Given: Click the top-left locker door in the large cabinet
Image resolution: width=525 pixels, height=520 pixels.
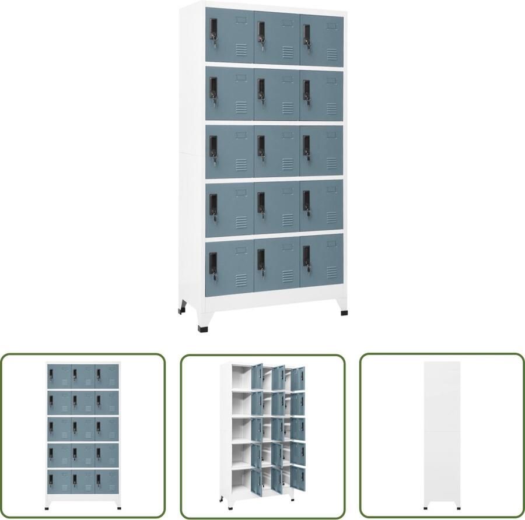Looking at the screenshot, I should point(229,36).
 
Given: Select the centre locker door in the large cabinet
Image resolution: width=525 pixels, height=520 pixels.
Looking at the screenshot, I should point(276,151).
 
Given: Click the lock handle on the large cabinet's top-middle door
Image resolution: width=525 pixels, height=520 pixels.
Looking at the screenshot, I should point(261,34).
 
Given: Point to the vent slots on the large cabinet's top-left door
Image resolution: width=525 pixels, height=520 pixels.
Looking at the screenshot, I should point(242,50).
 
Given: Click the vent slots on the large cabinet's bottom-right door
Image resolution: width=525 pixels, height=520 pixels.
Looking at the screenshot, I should point(332,272).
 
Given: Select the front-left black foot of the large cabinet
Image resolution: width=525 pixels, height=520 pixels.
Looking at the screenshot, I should point(202,328).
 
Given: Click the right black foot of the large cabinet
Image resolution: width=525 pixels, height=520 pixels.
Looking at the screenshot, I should point(344,312).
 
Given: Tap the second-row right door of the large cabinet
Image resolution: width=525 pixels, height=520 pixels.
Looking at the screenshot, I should point(322,94).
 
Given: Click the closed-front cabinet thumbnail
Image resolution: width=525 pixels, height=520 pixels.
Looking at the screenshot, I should point(83,435).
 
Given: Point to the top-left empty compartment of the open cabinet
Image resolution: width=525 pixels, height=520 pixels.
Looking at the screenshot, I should point(240,378).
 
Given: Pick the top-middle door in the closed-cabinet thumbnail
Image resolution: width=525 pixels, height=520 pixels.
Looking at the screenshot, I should point(83,376).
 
